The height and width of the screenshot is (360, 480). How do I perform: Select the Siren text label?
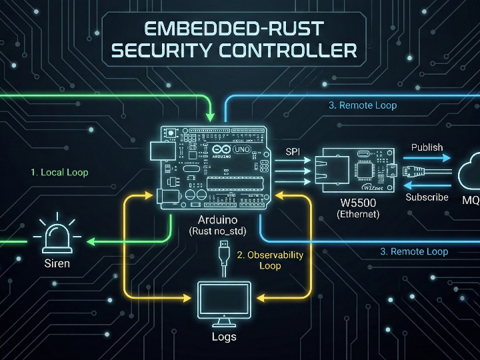[57, 263]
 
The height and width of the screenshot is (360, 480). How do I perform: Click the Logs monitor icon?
[224, 301]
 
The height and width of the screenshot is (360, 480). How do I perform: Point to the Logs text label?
[224, 337]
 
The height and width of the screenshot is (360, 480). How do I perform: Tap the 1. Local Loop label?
[59, 172]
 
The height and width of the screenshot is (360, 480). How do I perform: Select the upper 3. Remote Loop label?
[363, 105]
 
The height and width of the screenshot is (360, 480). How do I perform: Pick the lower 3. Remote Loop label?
[414, 251]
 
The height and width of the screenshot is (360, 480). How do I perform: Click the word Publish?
[427, 147]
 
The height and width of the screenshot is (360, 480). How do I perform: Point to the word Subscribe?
[427, 197]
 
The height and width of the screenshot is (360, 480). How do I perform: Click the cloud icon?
[471, 173]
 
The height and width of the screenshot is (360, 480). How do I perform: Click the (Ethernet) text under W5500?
[358, 214]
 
